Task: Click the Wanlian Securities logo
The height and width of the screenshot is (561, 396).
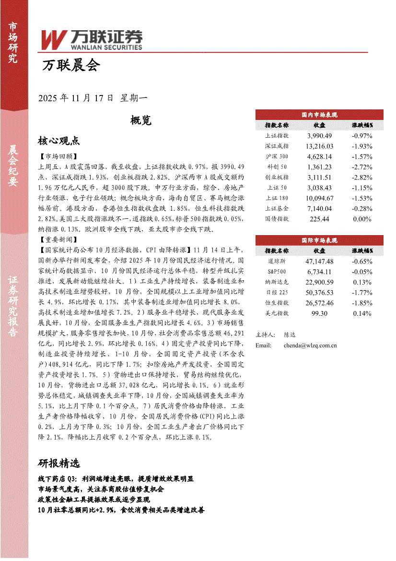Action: coord(91,39)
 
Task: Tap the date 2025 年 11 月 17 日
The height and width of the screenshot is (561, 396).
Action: coord(76,98)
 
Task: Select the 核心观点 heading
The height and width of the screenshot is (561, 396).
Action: coord(58,141)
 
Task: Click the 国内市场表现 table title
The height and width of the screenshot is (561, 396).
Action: coord(319,115)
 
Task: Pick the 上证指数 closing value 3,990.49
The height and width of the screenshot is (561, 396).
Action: coord(319,136)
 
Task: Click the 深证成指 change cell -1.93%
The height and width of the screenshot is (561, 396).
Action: coord(362,146)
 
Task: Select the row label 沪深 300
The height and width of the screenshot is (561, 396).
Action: coord(277,156)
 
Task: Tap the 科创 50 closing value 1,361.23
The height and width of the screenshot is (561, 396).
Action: coord(319,167)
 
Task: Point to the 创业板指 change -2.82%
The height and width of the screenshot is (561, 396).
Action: coord(362,178)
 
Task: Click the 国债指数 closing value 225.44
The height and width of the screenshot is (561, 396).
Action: coord(319,219)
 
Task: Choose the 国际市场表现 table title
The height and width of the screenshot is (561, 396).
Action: coord(319,240)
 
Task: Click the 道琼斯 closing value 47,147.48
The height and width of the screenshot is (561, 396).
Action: coord(319,261)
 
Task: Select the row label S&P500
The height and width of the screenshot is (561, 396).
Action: coord(277,272)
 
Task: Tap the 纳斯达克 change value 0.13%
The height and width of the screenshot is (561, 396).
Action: coord(362,282)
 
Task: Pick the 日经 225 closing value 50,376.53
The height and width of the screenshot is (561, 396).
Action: coord(319,292)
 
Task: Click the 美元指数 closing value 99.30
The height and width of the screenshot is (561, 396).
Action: coord(319,313)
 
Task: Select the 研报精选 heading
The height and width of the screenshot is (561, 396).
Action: coord(58,463)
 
